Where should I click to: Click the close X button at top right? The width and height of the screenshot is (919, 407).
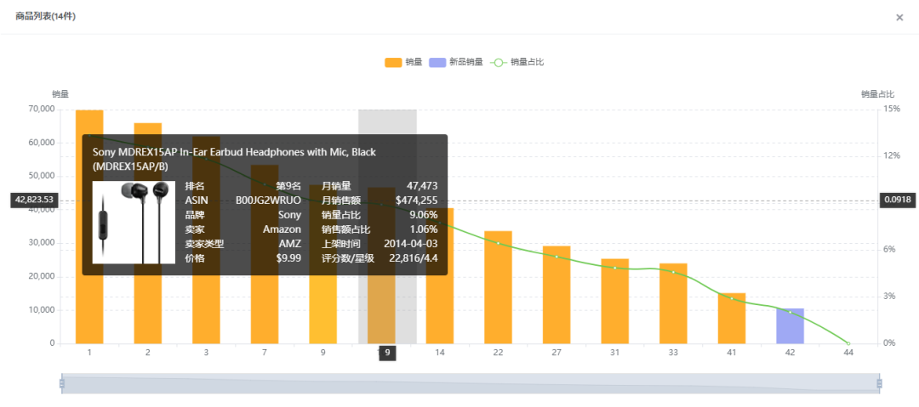[899, 18]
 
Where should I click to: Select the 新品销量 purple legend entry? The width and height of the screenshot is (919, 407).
[456, 62]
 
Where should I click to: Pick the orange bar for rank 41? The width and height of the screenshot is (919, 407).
[732, 319]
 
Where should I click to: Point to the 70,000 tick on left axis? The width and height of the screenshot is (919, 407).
[40, 110]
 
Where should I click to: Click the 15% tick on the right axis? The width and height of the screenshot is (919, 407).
[892, 110]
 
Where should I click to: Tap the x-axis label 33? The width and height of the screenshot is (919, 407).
[673, 352]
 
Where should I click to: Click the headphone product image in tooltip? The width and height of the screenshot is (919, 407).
[134, 222]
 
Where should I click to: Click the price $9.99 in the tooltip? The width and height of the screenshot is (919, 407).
[288, 257]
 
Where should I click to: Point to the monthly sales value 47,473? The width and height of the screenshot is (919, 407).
[422, 186]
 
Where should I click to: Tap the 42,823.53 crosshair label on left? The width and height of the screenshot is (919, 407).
[33, 201]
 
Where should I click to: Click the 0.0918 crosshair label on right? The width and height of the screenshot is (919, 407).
[898, 200]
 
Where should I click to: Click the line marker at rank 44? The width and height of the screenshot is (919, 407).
[848, 343]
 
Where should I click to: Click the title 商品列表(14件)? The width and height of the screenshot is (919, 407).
[45, 16]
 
